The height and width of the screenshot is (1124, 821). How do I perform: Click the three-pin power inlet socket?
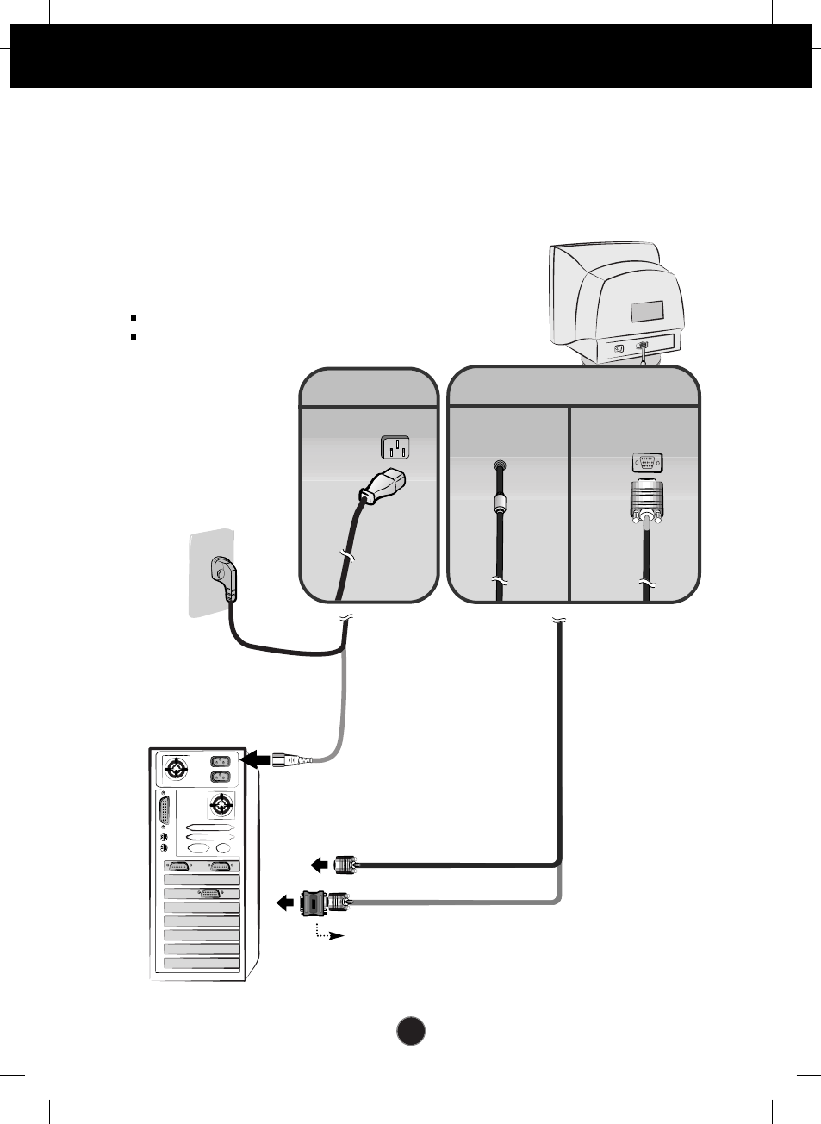point(395,447)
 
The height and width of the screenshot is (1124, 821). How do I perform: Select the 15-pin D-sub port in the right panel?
point(647,462)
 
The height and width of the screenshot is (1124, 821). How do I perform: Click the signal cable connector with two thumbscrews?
point(647,501)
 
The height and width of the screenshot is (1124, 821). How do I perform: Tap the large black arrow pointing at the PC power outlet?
point(257,759)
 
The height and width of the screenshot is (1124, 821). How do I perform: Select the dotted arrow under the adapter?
point(329,933)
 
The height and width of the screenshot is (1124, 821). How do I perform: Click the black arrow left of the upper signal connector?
point(319,864)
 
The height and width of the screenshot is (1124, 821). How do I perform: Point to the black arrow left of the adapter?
point(285,902)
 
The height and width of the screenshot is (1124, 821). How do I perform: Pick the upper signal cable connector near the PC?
point(344,864)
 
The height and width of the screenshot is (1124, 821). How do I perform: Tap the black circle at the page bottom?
point(411,1031)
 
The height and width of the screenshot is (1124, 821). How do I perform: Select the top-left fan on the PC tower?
point(176,768)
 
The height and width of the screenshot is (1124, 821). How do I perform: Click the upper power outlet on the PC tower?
point(221,761)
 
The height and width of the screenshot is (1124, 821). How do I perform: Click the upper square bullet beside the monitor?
point(134,318)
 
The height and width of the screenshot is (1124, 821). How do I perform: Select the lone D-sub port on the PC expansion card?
point(209,893)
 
